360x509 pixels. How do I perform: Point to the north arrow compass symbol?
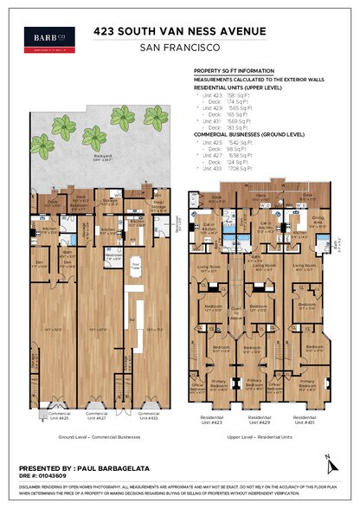pos(327,461)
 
